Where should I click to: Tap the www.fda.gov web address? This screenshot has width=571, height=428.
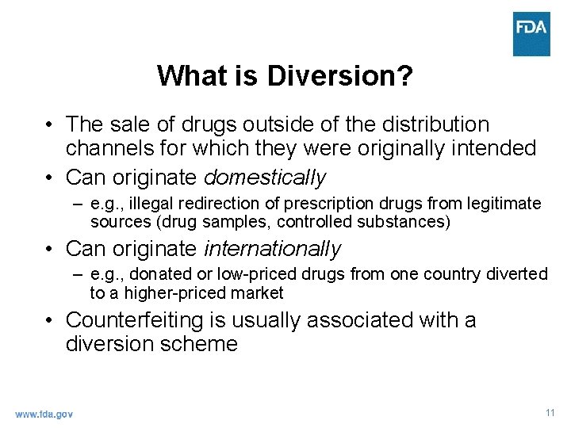point(44,414)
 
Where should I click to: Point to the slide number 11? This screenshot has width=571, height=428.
point(550,413)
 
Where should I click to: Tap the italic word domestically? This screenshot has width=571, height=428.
point(265,177)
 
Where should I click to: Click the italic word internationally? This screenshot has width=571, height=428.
point(272,249)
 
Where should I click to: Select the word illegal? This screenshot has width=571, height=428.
point(152,204)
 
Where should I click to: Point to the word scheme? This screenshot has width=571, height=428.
point(201,344)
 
